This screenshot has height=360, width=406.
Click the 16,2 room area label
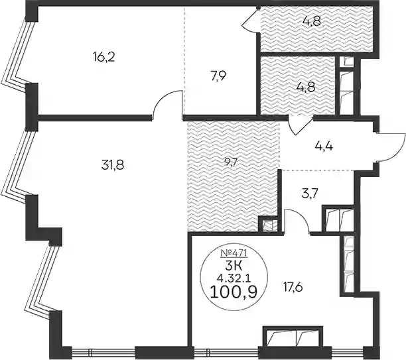point(103,56)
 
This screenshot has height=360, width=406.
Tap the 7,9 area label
point(218,76)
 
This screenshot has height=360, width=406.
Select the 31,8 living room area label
point(113,164)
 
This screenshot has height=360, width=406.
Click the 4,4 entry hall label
point(324,147)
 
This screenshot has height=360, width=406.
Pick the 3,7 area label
point(309,193)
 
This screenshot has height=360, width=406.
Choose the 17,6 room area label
point(293,287)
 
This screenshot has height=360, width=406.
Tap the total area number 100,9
point(234,293)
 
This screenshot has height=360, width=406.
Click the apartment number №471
point(234,253)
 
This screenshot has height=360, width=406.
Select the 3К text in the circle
point(234,266)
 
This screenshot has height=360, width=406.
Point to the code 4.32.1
point(234,278)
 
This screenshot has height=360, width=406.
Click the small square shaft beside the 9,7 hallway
point(267,225)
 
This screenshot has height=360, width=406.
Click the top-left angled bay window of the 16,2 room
point(16,53)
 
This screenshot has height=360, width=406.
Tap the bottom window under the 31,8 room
point(103,352)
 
